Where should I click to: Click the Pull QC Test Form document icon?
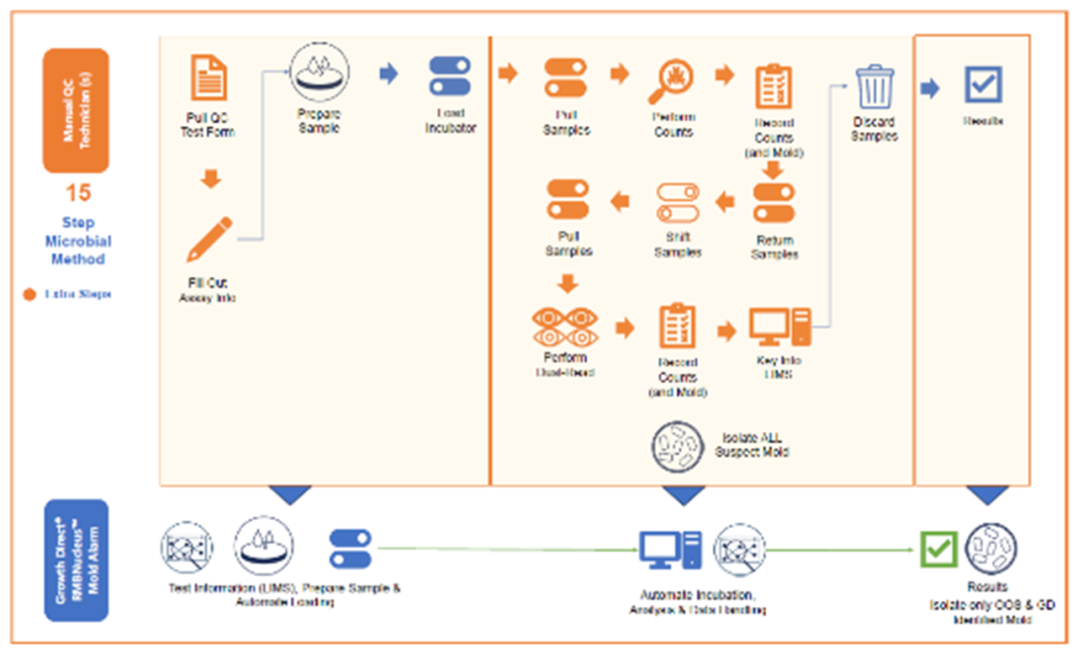tap(208, 77)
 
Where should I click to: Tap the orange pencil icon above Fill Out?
tap(209, 239)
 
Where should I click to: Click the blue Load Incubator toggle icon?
tap(450, 76)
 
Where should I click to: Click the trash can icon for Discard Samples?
tap(874, 87)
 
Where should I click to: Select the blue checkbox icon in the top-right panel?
tap(982, 85)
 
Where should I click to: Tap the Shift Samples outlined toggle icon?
tap(678, 202)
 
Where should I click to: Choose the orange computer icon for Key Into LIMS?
tap(779, 327)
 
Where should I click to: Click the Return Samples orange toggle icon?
tap(774, 202)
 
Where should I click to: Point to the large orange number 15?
tap(78, 193)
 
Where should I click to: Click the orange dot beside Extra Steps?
tap(29, 294)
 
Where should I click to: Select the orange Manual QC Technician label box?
tap(77, 110)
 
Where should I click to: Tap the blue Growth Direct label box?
tap(77, 562)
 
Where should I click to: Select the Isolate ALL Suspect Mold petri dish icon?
tap(678, 446)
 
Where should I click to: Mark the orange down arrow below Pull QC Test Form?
tap(211, 179)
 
